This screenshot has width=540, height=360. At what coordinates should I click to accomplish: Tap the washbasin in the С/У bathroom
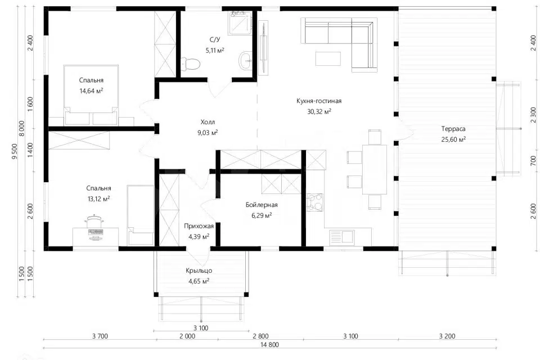pos(246,60)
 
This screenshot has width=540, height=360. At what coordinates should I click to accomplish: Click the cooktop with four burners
pos(315,202)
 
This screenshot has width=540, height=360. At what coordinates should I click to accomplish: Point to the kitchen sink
pos(341,237)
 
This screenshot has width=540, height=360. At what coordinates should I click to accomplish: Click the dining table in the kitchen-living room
pos(375,169)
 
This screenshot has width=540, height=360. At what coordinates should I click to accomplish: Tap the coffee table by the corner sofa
pos(328,58)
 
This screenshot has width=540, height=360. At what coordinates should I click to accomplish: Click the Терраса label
pos(453,129)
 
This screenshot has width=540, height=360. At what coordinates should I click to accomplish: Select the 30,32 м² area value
pos(319,111)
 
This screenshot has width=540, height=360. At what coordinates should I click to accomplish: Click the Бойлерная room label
pos(262,205)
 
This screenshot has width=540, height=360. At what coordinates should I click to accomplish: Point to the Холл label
pos(208,122)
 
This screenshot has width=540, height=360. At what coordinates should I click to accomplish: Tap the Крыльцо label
pos(199,271)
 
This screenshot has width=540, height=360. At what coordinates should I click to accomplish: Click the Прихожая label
pos(199,226)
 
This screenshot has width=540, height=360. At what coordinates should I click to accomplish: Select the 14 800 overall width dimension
pos(269,344)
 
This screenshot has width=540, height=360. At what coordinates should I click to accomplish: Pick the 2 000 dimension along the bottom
pos(187,336)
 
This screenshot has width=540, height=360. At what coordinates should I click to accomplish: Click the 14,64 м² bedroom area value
pos(91,91)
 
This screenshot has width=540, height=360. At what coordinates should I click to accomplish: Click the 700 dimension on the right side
pos(533,160)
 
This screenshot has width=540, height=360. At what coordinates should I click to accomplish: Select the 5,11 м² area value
pos(215,50)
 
